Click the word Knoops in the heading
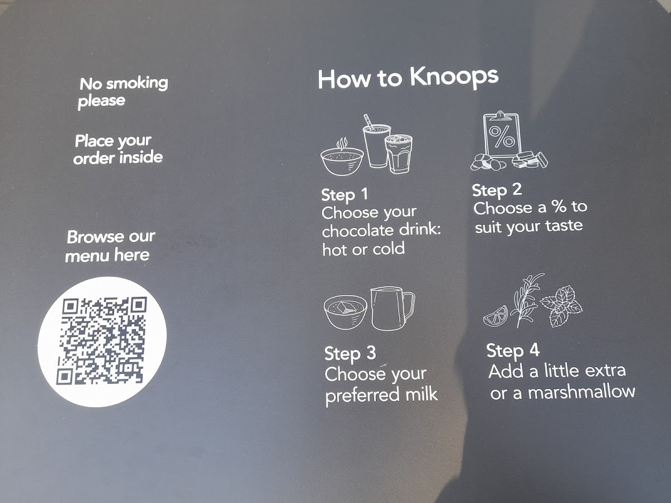point(454,77)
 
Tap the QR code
point(102,340)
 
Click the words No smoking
point(124,83)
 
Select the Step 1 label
point(344,195)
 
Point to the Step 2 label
point(497,190)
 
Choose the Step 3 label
point(350,353)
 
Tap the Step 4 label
point(513,350)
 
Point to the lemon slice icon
point(495,315)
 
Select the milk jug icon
point(392,309)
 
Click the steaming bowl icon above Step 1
point(342,158)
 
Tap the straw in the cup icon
point(368,122)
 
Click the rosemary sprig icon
point(526,301)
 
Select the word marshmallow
point(582,392)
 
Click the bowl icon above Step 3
point(346,312)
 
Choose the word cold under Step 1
point(389,249)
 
